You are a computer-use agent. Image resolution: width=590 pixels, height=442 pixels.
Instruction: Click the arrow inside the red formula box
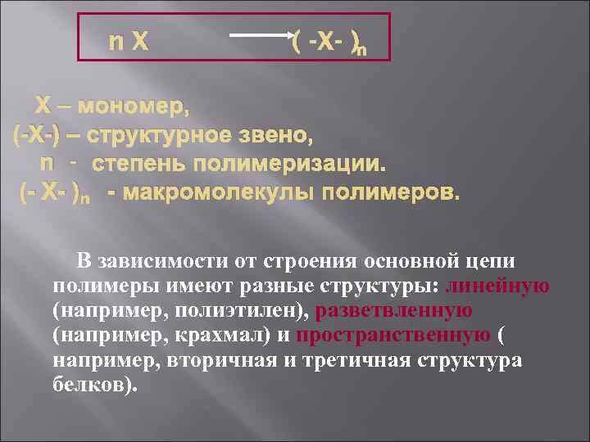(262, 36)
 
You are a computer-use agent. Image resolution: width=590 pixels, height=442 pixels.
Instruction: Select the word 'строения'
(304, 262)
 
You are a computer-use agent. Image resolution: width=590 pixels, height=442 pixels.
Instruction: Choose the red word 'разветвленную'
(393, 311)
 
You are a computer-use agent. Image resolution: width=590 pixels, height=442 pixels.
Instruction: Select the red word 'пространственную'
(393, 336)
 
